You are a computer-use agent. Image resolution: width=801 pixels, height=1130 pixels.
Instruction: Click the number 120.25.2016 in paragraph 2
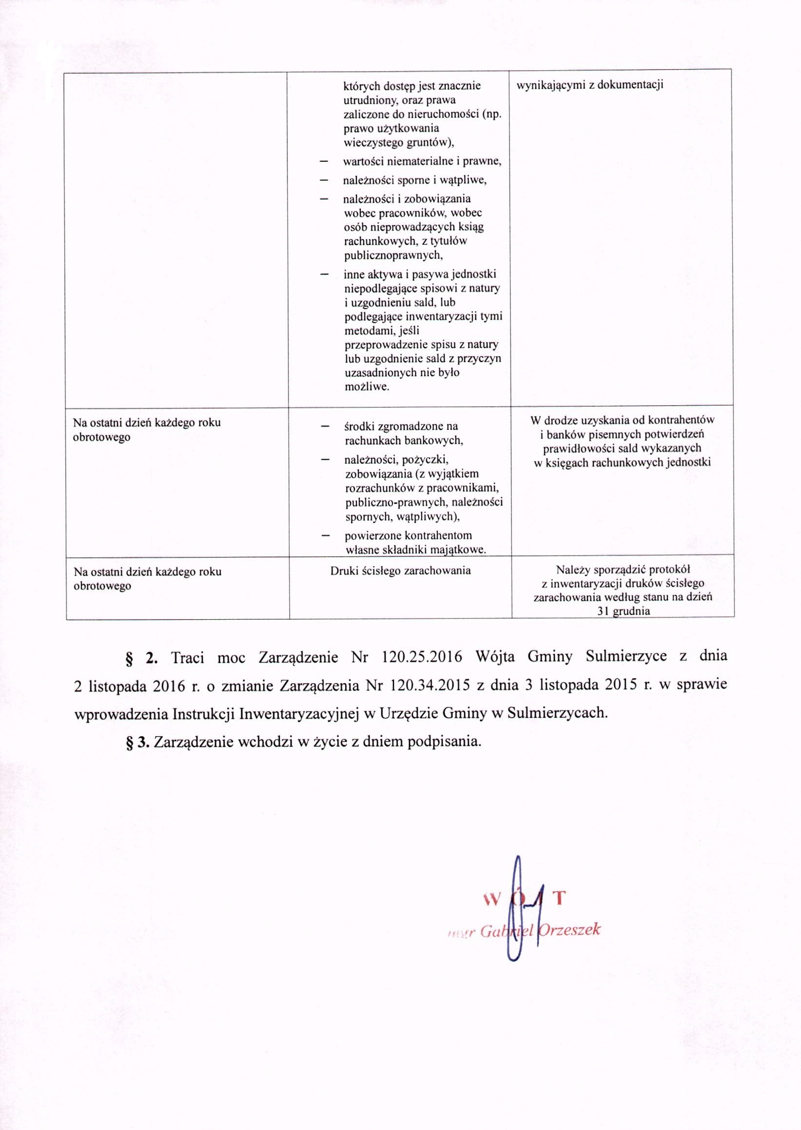422,657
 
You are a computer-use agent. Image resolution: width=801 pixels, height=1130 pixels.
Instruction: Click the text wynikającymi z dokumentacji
589,85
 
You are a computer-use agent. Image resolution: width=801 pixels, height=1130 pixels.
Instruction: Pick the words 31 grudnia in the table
623,612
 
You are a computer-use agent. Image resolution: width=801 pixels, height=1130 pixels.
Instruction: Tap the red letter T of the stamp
558,899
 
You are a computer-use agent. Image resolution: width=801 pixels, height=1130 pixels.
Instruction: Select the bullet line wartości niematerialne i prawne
422,161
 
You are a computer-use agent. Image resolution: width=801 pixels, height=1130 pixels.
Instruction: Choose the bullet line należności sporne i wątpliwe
415,180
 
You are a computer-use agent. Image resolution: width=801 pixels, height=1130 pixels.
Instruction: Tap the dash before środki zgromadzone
325,426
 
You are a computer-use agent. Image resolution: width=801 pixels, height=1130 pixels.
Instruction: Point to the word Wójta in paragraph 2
495,657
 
